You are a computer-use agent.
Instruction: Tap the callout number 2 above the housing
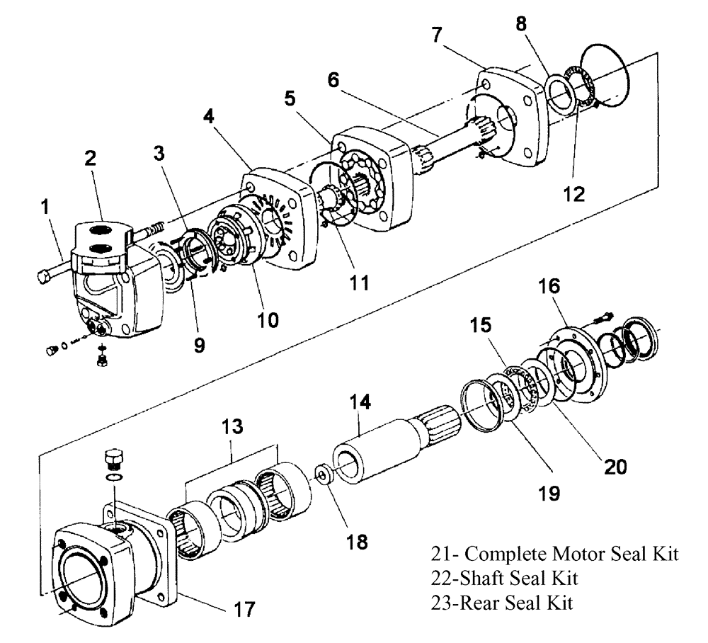(x=91, y=159)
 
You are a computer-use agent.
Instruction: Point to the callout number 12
(x=575, y=193)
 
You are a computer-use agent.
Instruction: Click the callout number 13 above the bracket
(x=232, y=427)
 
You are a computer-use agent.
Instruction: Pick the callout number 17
(x=243, y=608)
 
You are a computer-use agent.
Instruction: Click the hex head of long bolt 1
(x=42, y=277)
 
